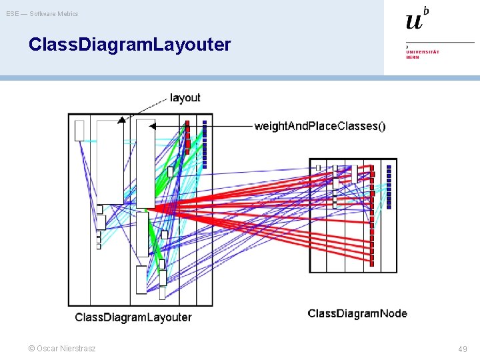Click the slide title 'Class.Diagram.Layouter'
pos(129,45)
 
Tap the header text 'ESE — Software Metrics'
pos(42,13)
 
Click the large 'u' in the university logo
pos(414,21)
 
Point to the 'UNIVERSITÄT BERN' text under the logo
pos(423,54)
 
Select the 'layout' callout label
pos(185,97)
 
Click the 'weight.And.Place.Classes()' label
pos(319,126)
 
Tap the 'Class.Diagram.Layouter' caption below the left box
pos(133,317)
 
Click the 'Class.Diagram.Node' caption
pos(357,313)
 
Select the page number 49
pos(463,349)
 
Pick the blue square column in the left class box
pos(205,143)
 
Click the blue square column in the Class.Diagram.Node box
pos(389,187)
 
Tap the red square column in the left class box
pos(187,137)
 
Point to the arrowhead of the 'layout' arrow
pos(121,121)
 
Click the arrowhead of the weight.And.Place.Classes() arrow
pos(152,126)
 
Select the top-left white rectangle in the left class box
pos(79,130)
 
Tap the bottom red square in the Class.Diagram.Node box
pos(372,263)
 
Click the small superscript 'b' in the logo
pos(426,11)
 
